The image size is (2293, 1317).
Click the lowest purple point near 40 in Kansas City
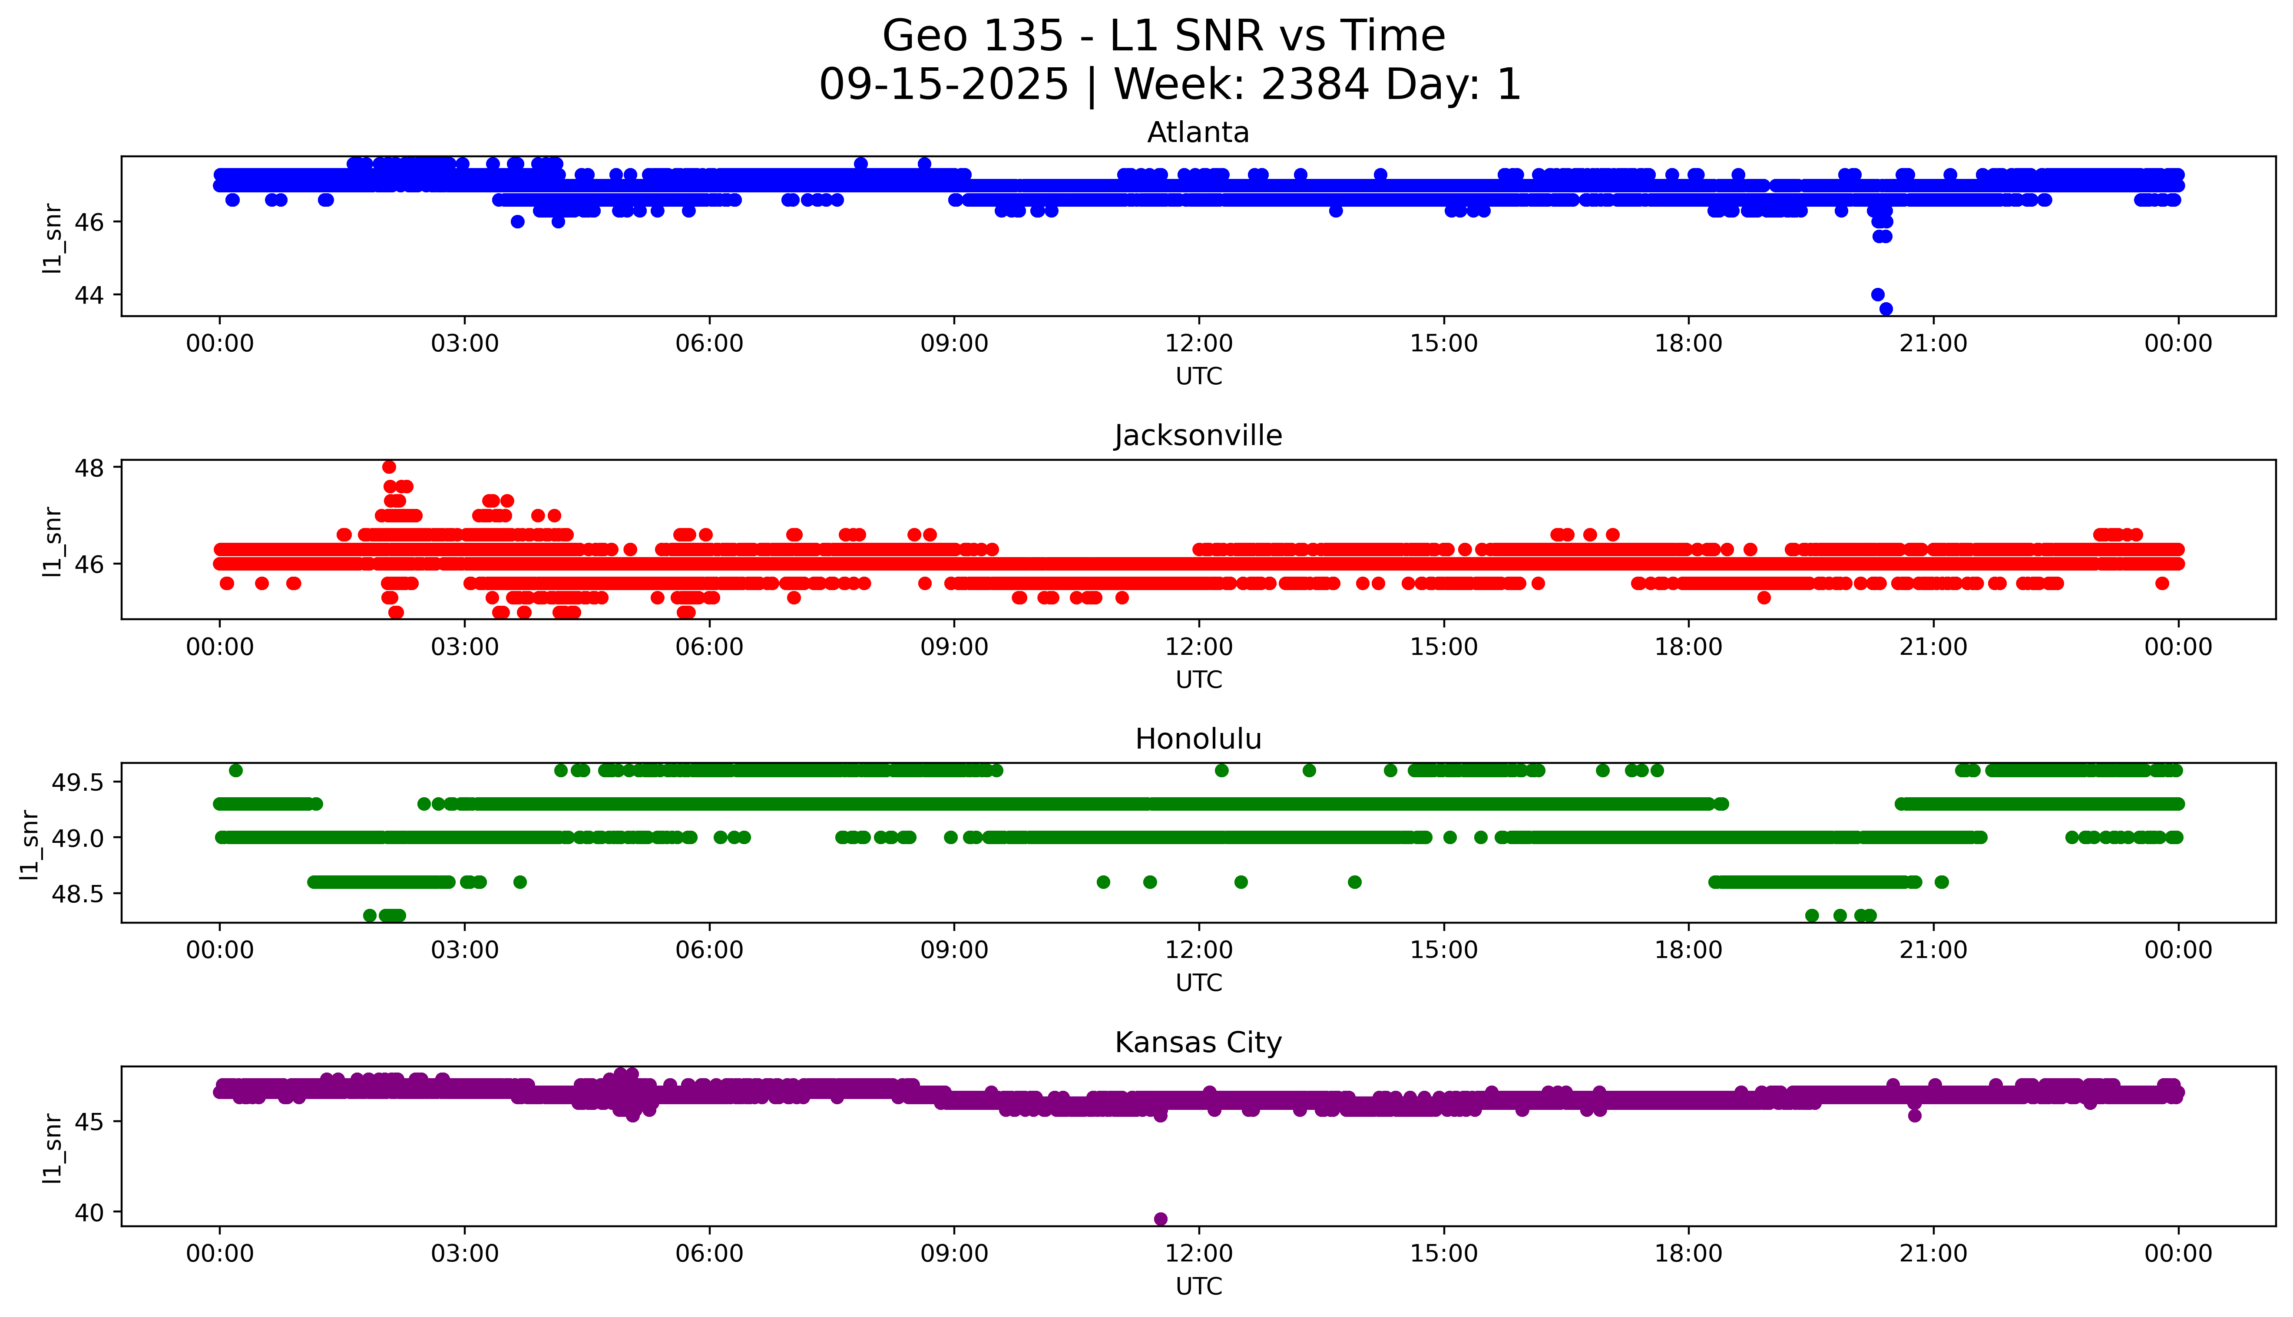[x=1161, y=1218]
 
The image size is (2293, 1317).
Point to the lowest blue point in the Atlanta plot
[x=1886, y=308]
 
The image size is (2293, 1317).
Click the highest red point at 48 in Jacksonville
[x=389, y=467]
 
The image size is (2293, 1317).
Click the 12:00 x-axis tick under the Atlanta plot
[x=1198, y=344]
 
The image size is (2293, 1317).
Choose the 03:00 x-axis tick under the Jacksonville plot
[x=465, y=647]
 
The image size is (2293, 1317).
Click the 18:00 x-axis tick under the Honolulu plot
[x=1689, y=950]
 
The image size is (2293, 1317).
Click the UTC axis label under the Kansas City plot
[x=1198, y=1285]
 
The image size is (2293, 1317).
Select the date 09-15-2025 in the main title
[x=943, y=85]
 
